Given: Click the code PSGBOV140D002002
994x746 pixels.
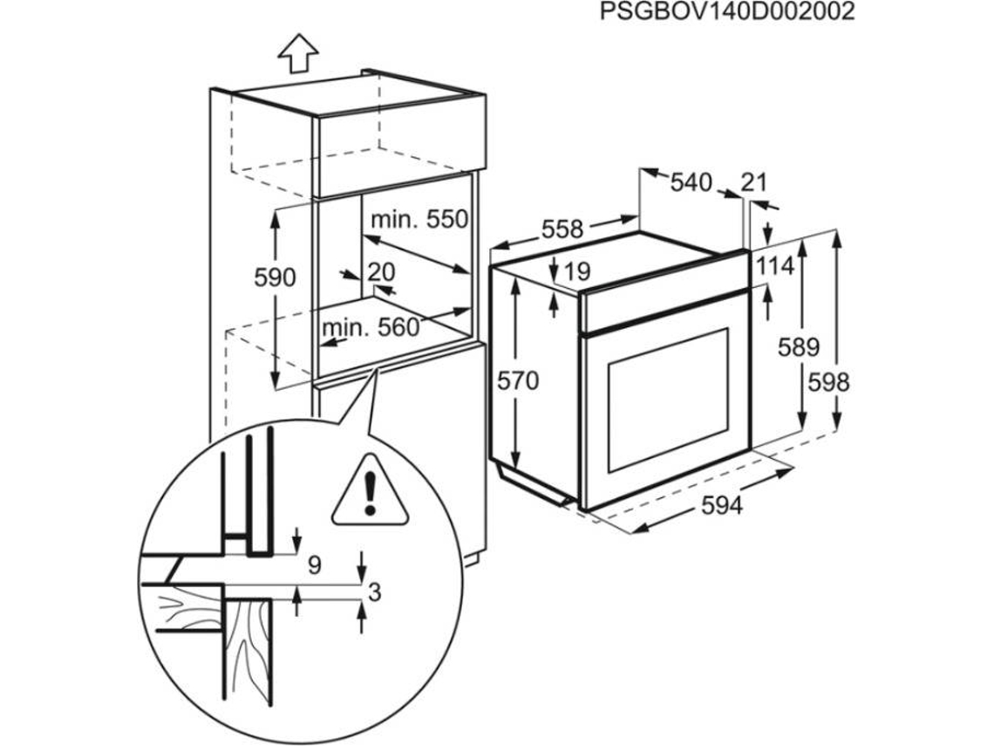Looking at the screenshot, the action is (x=727, y=12).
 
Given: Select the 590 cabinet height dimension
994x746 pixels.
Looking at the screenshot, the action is (x=276, y=277).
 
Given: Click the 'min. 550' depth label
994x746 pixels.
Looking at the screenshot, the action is (x=419, y=220).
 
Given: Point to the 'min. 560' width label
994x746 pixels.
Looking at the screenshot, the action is (x=371, y=327).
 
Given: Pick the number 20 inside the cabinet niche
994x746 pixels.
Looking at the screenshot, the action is (x=381, y=272).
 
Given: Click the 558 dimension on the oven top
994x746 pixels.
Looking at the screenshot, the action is (x=562, y=229).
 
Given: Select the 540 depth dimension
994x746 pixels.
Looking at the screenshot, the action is (x=691, y=182).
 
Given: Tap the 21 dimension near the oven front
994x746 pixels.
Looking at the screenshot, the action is (x=753, y=182).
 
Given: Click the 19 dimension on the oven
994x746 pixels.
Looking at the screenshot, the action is (x=576, y=271).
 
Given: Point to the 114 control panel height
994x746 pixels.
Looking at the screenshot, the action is (x=774, y=266).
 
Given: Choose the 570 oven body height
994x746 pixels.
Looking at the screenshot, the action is (x=518, y=380).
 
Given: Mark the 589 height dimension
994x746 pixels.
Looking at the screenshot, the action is (x=800, y=347).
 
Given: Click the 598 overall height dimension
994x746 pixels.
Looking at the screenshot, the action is (x=828, y=382).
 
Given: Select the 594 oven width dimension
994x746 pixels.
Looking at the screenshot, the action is (x=722, y=505).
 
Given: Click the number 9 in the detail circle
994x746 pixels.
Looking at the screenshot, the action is (x=315, y=565).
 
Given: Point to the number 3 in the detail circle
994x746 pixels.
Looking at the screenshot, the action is (x=375, y=592).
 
